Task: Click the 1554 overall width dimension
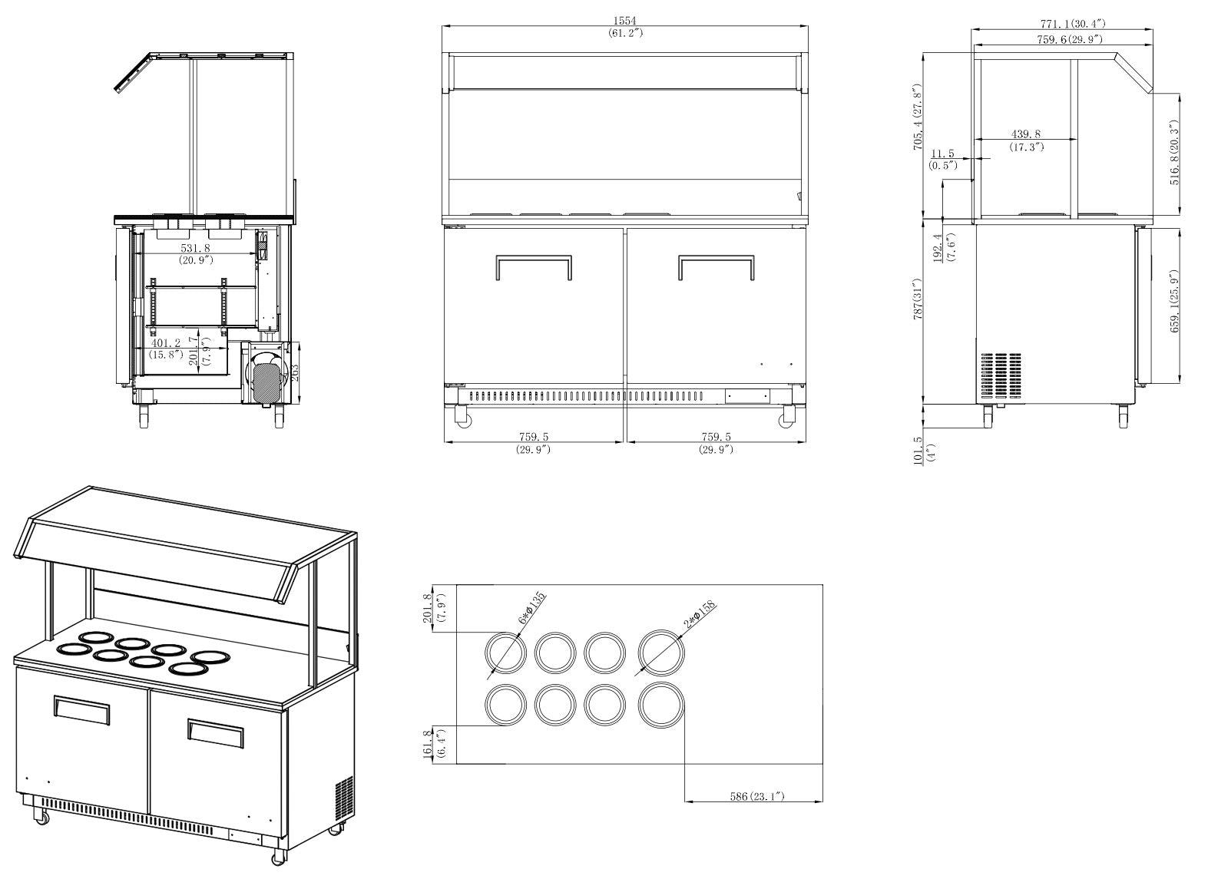(624, 21)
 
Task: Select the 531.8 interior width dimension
(195, 249)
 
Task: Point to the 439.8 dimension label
(1026, 134)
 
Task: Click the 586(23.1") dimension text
(756, 796)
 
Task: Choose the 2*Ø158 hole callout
(699, 613)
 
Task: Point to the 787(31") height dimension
(918, 310)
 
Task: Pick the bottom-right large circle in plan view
(661, 705)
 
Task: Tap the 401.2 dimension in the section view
(166, 343)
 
